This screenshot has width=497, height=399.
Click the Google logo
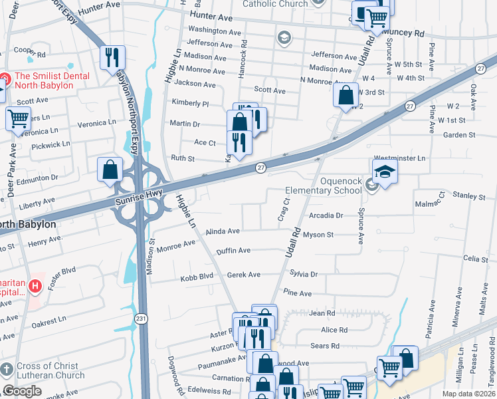coord(22,391)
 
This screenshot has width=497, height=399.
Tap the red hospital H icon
coord(35,287)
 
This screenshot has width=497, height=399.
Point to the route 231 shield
coord(142,311)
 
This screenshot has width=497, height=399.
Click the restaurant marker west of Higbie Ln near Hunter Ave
coord(112,58)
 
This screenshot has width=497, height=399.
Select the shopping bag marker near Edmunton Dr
coord(110,170)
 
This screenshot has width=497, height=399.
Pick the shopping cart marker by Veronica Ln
coord(18,119)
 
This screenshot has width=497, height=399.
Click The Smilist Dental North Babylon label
coord(52,80)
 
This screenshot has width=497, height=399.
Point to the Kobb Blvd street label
coord(197,277)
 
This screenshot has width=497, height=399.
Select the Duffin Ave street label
coord(233,251)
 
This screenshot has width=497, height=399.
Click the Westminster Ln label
coord(399,158)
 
